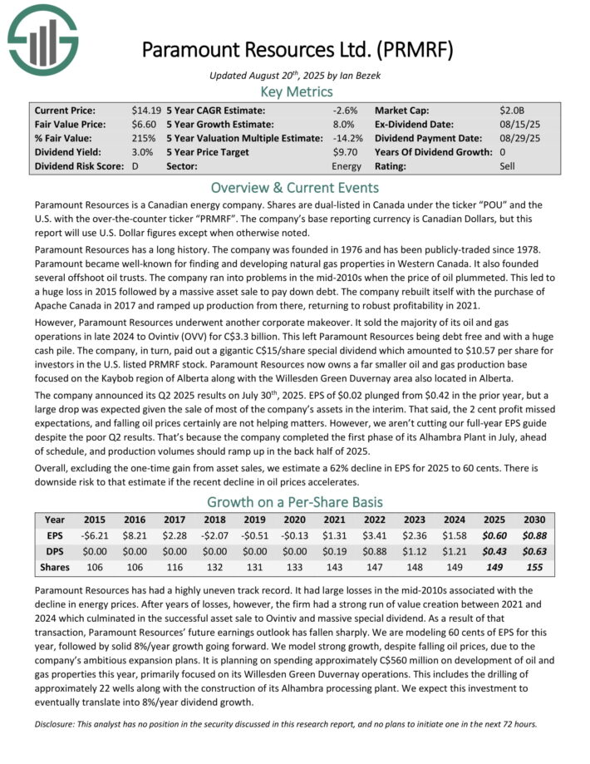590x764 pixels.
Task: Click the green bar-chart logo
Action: coord(42,38)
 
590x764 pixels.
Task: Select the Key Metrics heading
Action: coord(297,91)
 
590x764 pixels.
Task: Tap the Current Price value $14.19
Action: coord(146,110)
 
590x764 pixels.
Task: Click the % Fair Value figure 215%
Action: coord(143,138)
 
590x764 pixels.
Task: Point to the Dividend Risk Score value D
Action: coord(135,166)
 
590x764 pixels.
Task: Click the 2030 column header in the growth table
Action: coord(534,519)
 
